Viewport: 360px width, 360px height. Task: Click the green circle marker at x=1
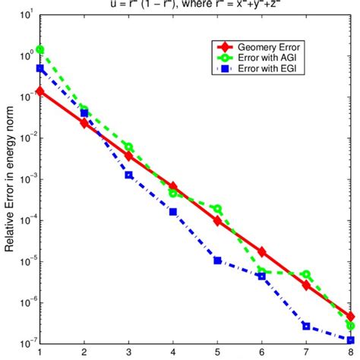point(39,49)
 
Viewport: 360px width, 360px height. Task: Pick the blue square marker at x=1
point(39,68)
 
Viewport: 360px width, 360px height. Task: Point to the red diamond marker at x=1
point(39,91)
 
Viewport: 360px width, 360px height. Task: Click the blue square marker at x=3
point(129,175)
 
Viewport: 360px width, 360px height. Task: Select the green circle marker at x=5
point(217,209)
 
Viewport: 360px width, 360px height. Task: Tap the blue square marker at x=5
point(217,261)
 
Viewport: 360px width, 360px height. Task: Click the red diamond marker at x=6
point(262,251)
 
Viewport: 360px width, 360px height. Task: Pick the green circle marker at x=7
point(306,274)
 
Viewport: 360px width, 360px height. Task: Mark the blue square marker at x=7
point(306,326)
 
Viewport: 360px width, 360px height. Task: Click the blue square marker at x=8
point(350,339)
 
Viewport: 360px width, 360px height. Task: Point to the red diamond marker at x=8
point(350,317)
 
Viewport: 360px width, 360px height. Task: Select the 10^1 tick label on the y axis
point(24,14)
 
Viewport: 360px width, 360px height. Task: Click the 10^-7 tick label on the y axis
point(24,344)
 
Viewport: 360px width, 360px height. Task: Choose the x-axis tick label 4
point(173,353)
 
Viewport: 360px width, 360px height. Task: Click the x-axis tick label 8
point(350,353)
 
